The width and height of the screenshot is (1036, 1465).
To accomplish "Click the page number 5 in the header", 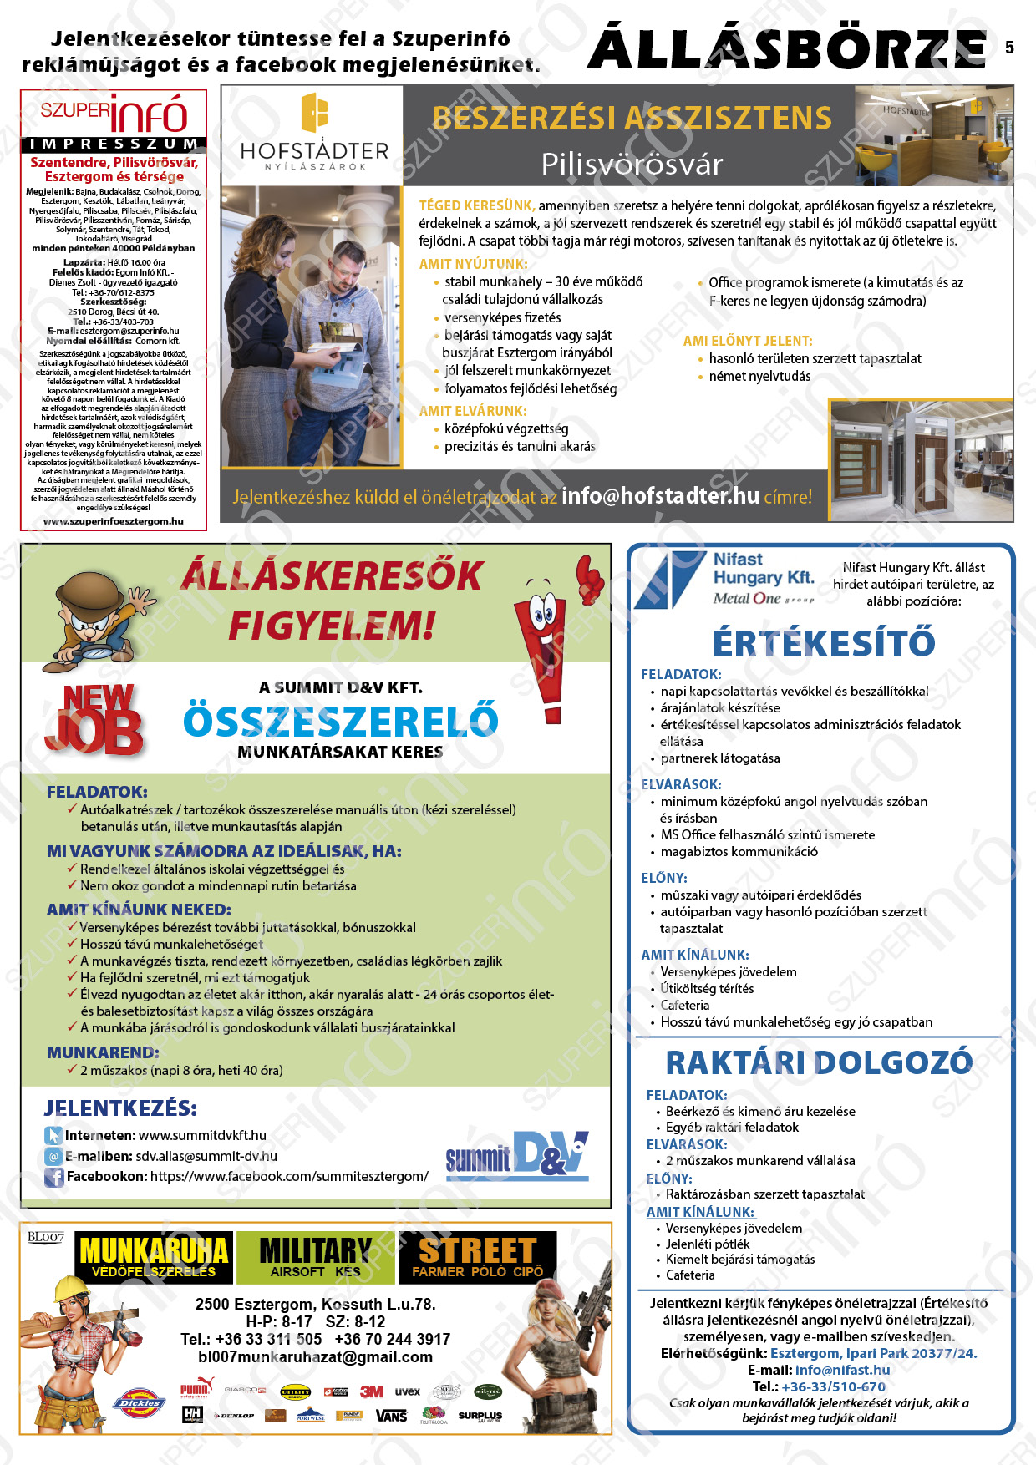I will pyautogui.click(x=1009, y=48).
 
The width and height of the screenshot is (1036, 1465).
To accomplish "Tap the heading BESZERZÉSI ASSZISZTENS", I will pyautogui.click(x=632, y=119).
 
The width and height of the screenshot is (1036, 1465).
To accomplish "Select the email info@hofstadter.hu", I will pyautogui.click(x=660, y=496).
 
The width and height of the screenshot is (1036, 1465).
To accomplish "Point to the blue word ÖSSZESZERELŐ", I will pyautogui.click(x=341, y=720).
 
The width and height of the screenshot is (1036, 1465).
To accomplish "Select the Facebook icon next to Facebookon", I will pyautogui.click(x=53, y=1177).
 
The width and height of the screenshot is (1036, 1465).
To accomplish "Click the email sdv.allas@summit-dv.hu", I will pyautogui.click(x=206, y=1157).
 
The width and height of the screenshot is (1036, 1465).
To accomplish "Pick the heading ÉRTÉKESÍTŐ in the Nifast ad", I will pyautogui.click(x=823, y=643).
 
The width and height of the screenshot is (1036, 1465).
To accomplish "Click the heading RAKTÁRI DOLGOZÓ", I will pyautogui.click(x=819, y=1062).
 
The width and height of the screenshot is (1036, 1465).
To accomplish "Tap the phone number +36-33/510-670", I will pyautogui.click(x=833, y=1386).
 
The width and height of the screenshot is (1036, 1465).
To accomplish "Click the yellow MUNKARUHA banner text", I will pyautogui.click(x=153, y=1250).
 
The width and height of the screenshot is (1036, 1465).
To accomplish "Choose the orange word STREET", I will pyautogui.click(x=477, y=1250).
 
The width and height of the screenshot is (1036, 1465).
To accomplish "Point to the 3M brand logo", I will pyautogui.click(x=372, y=1391).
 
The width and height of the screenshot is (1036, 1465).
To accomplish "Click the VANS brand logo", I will pyautogui.click(x=391, y=1416).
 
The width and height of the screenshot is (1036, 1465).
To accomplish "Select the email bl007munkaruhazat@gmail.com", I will pyautogui.click(x=315, y=1357).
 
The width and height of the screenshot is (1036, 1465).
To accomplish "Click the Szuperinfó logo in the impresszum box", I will pyautogui.click(x=114, y=114).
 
